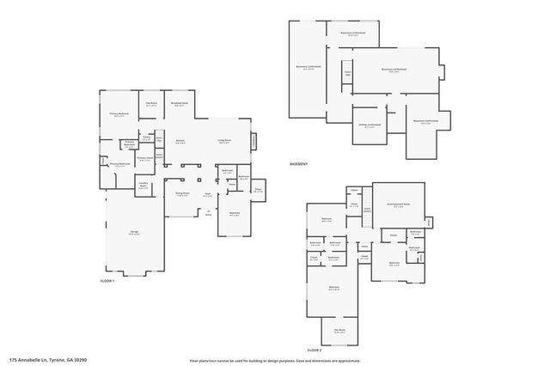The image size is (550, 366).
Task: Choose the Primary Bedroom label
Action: click(x=119, y=113)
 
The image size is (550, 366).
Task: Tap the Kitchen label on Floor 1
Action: click(x=181, y=143)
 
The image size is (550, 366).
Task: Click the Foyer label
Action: click(x=208, y=195)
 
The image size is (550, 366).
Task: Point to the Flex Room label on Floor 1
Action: click(x=151, y=104)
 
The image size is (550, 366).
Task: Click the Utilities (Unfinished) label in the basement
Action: click(x=370, y=125)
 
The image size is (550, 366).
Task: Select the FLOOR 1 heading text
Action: click(x=107, y=279)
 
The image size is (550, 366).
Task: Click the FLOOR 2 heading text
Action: click(x=315, y=351)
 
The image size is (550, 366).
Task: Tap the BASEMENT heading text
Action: click(x=298, y=163)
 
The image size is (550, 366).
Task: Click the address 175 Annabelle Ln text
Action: click(x=48, y=360)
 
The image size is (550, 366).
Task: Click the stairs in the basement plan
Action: click(x=347, y=74)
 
